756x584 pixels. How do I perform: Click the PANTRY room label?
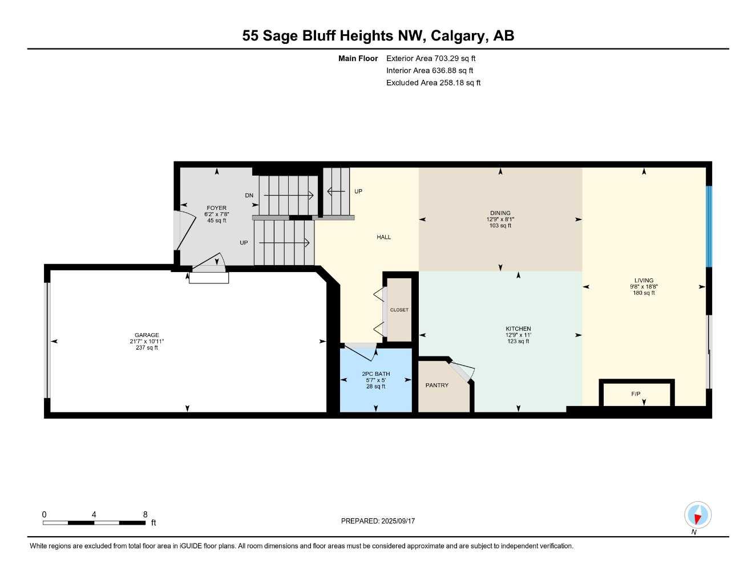[436, 386]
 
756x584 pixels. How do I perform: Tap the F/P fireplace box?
[636, 394]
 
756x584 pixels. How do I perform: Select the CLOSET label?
[399, 310]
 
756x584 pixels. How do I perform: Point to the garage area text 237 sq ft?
[147, 347]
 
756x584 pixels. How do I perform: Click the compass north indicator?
[697, 516]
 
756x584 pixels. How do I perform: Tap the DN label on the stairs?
[249, 196]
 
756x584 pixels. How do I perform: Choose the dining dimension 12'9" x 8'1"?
[500, 220]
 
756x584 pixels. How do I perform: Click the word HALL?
[383, 237]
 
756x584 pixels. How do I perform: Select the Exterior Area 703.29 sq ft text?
[431, 58]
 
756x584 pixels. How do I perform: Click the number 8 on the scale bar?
[145, 514]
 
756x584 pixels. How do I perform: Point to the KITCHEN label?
[518, 329]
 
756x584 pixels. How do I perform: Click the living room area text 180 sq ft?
[644, 293]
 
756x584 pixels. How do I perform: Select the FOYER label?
[216, 208]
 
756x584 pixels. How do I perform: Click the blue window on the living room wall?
[709, 226]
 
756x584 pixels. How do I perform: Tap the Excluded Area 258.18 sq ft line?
[433, 83]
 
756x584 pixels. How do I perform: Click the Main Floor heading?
[358, 58]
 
